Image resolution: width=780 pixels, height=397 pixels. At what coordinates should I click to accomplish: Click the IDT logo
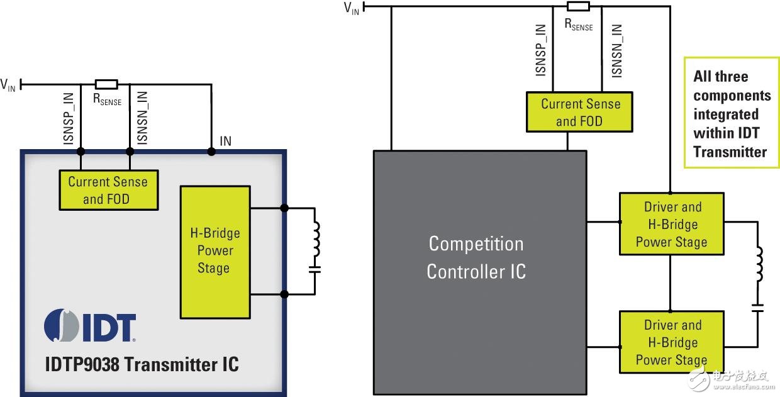pyautogui.click(x=90, y=325)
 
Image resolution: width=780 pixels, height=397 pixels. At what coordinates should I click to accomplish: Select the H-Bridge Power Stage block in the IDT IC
pyautogui.click(x=214, y=251)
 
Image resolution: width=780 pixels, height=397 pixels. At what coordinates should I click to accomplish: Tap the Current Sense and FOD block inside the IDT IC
pyautogui.click(x=108, y=190)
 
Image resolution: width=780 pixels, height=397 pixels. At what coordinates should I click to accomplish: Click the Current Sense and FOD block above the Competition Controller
pyautogui.click(x=580, y=112)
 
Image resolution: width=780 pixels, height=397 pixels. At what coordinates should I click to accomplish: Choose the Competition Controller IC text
pyautogui.click(x=476, y=257)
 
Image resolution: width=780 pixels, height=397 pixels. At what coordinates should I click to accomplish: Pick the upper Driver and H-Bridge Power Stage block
pyautogui.click(x=671, y=224)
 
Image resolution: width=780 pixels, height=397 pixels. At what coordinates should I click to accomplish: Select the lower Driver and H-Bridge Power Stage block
pyautogui.click(x=671, y=342)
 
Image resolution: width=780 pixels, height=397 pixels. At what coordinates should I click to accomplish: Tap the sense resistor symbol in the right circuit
pyautogui.click(x=578, y=6)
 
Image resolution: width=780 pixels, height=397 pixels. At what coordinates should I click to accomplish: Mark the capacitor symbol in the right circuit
pyautogui.click(x=759, y=310)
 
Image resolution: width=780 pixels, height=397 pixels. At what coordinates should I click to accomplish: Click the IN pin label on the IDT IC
pyautogui.click(x=225, y=141)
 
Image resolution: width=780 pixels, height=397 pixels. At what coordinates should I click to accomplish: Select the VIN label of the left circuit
pyautogui.click(x=8, y=85)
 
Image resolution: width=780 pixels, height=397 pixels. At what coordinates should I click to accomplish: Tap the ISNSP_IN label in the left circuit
pyautogui.click(x=69, y=120)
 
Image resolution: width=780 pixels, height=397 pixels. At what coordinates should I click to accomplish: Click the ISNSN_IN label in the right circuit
pyautogui.click(x=617, y=50)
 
